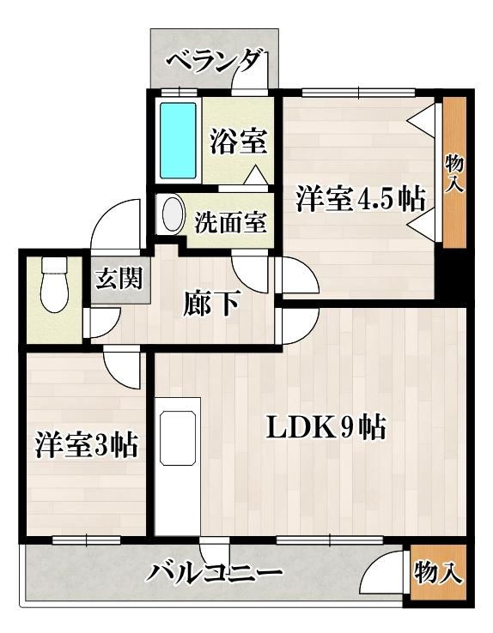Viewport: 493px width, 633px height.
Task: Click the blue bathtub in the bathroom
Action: click(x=178, y=141)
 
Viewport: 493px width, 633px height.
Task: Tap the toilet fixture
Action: click(x=54, y=285)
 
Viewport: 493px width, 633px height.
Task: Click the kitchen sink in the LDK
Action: click(x=178, y=437)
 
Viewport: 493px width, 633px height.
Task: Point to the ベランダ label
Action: click(x=213, y=62)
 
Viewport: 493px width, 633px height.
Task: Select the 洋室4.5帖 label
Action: click(x=360, y=198)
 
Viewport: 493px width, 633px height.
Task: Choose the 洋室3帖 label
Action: click(x=87, y=444)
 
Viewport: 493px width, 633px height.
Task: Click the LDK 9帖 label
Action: click(x=326, y=428)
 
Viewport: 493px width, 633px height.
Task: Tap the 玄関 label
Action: click(x=119, y=278)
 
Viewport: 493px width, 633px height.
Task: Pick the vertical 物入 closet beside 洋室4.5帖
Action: click(x=454, y=174)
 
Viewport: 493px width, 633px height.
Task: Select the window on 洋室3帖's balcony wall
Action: click(x=87, y=540)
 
